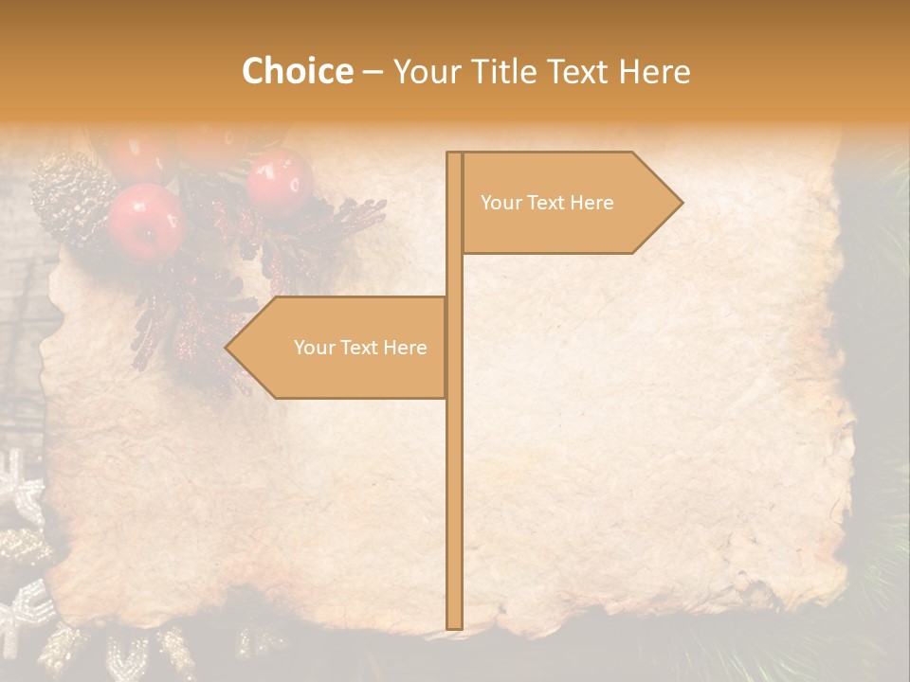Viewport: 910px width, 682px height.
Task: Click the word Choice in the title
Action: (x=297, y=71)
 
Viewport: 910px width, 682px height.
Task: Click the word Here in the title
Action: (x=654, y=71)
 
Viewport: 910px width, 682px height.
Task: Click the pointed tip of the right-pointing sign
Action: (x=681, y=203)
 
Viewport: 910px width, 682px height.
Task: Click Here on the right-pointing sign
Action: (x=591, y=203)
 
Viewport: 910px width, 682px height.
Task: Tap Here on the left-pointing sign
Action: (x=405, y=348)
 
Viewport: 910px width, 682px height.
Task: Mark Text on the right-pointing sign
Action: (x=546, y=203)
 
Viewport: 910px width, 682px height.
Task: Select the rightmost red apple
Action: (x=280, y=182)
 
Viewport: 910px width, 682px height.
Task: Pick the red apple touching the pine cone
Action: (x=144, y=221)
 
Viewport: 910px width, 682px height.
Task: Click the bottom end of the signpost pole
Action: (x=454, y=625)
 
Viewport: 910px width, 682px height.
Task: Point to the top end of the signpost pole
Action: (x=454, y=154)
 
